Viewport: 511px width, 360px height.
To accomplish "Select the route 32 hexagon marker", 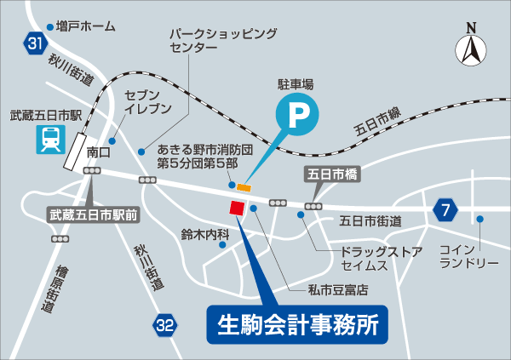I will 166,324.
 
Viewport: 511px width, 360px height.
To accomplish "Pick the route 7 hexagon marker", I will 444,209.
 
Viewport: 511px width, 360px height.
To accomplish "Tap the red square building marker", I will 236,208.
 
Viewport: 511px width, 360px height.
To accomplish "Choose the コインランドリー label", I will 468,255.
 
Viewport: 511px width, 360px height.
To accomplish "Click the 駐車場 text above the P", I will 296,84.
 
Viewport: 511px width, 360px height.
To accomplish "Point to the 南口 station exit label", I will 99,153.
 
